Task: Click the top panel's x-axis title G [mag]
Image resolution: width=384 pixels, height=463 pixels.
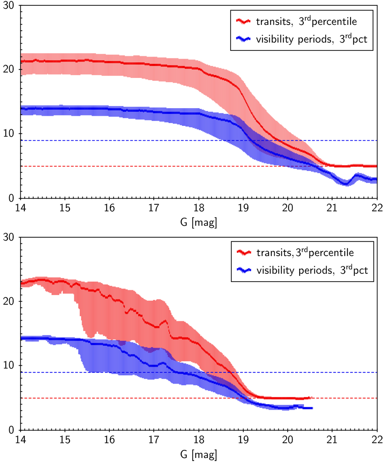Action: coord(198,222)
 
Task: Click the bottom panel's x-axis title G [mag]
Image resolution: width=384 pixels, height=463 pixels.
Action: coord(198,454)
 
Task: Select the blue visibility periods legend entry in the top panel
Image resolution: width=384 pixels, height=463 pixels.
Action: coord(302,39)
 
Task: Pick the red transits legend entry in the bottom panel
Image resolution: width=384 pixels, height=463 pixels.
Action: coord(295,253)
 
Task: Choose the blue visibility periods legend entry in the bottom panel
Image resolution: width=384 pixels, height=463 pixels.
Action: coord(302,271)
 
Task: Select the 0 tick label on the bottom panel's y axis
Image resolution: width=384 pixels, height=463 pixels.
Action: coord(12,430)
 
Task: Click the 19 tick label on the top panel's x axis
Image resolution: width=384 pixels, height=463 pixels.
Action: coord(243,208)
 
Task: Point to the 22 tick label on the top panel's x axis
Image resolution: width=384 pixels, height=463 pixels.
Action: coord(377,208)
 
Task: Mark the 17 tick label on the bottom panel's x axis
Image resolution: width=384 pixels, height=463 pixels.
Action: coord(154,440)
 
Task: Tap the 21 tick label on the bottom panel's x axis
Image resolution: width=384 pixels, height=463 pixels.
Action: coord(332,440)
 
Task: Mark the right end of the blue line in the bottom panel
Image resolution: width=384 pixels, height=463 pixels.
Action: coord(312,408)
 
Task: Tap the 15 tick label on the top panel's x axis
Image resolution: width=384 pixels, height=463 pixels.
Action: coord(65,208)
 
